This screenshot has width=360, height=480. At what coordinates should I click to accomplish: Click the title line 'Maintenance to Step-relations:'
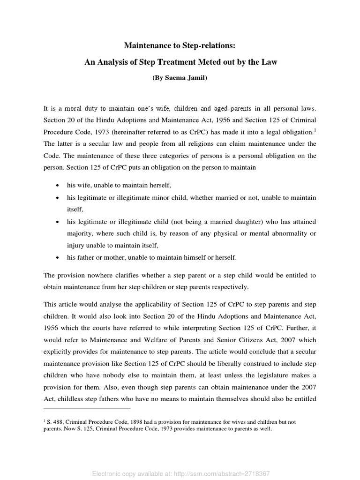click(x=180, y=45)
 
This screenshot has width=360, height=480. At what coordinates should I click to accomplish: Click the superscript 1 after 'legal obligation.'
click(x=315, y=129)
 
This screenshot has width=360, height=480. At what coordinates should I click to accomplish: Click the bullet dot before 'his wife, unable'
click(x=57, y=186)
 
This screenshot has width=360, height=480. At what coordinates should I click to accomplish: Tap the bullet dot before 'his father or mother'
click(x=57, y=258)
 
